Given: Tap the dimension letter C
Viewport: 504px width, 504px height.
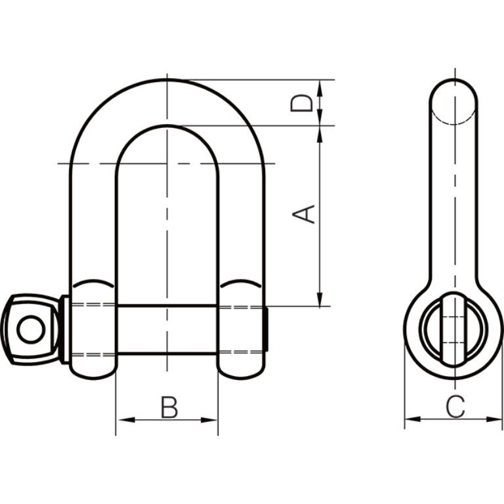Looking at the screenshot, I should coord(454,407).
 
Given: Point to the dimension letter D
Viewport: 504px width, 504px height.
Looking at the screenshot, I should coord(301,103).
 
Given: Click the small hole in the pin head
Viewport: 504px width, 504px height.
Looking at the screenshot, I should coord(29,328).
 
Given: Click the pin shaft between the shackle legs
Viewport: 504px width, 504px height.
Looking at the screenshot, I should coord(167,329).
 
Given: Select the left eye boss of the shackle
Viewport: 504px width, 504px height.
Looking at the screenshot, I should coord(92,328).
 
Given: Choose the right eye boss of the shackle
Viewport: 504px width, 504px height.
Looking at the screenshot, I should coord(241,328).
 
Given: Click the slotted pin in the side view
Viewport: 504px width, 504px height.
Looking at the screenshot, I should coord(453,327).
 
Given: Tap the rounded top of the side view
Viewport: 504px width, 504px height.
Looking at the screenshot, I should coord(453,92).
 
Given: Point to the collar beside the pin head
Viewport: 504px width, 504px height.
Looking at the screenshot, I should coord(64,329).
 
